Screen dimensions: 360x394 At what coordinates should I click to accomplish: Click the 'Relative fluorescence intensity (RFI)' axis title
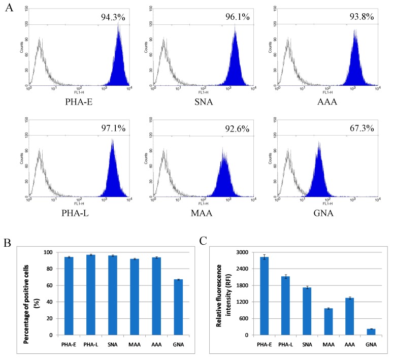point(224,293)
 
